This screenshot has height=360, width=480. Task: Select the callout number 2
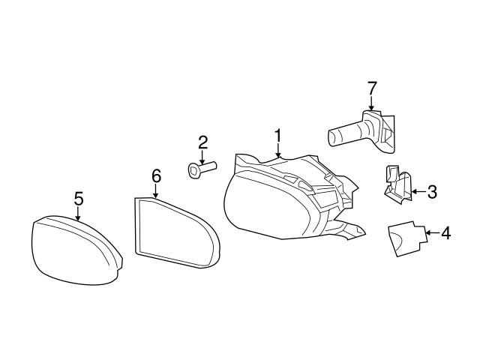202,141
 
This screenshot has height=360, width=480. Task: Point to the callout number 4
445,234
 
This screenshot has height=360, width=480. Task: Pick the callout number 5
79,198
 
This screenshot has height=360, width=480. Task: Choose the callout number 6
156,175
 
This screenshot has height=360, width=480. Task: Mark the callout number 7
370,88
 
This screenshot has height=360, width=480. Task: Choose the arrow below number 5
79,213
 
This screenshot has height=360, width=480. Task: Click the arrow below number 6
156,190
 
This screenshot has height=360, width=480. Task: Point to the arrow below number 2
202,157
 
